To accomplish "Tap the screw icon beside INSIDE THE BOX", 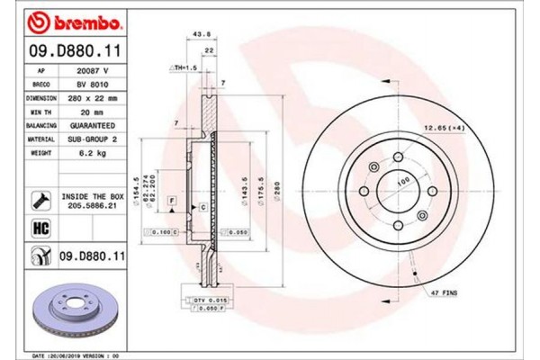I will (x=39, y=197).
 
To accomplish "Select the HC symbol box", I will (x=39, y=229).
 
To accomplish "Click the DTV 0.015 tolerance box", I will (x=202, y=299).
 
